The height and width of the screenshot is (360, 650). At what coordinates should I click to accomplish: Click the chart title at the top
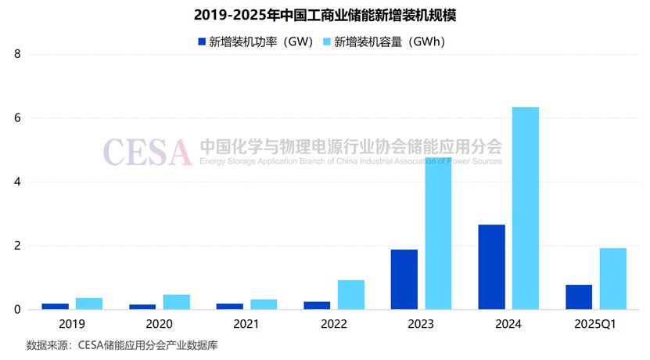click(325, 14)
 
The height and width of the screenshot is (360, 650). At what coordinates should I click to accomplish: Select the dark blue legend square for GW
click(202, 41)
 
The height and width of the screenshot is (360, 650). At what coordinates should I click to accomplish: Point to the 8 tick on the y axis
click(17, 54)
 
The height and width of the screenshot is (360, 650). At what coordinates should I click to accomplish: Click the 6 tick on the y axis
click(17, 118)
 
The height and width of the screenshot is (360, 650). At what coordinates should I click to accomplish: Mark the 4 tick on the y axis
click(17, 182)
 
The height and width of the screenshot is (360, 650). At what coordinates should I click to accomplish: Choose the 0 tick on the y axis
click(17, 310)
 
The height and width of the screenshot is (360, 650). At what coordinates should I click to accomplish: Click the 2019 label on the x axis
click(72, 323)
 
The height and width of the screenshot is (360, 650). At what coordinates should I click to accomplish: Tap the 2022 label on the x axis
click(334, 323)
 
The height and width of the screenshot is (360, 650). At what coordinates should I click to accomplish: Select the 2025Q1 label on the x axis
click(596, 323)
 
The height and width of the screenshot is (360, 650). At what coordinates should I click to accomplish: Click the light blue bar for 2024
click(526, 208)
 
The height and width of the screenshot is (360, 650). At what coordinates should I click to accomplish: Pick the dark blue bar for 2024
click(491, 267)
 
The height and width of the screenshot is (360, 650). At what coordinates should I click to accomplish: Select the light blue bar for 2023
click(438, 235)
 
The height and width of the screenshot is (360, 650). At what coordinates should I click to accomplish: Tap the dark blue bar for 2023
click(404, 279)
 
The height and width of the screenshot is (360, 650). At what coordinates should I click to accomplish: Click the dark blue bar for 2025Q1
click(579, 297)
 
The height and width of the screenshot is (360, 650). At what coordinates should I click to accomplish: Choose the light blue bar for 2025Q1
click(613, 279)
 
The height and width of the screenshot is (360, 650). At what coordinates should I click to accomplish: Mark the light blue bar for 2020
click(177, 302)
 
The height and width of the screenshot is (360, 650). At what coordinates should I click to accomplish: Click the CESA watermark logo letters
click(147, 152)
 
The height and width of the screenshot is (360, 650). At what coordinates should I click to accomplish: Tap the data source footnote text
click(120, 345)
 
